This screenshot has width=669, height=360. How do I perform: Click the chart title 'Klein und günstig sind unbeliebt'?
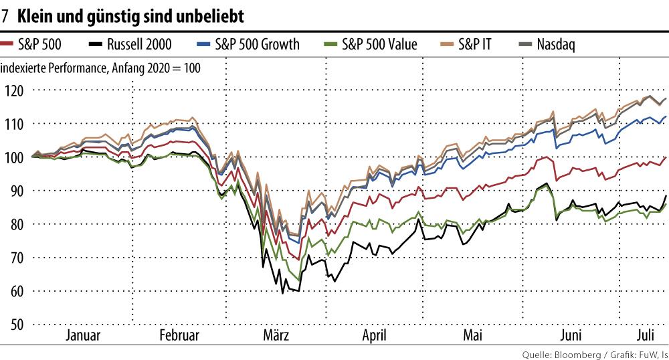(130, 14)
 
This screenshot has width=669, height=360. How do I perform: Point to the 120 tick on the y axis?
(14, 90)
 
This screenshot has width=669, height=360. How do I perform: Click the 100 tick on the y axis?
(14, 157)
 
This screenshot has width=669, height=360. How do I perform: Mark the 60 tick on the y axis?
(14, 291)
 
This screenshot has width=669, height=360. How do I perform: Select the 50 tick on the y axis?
(14, 325)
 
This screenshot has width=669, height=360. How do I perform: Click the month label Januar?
(83, 335)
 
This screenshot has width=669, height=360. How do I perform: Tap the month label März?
(275, 335)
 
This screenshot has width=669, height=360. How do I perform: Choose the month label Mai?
(472, 335)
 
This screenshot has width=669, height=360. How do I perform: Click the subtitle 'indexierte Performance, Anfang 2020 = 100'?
(100, 68)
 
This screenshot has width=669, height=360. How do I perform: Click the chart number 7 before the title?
(5, 14)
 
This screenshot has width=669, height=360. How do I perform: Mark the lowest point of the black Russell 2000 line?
(283, 293)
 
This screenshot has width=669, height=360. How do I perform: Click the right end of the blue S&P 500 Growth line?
(666, 116)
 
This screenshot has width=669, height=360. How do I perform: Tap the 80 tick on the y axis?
(14, 224)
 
